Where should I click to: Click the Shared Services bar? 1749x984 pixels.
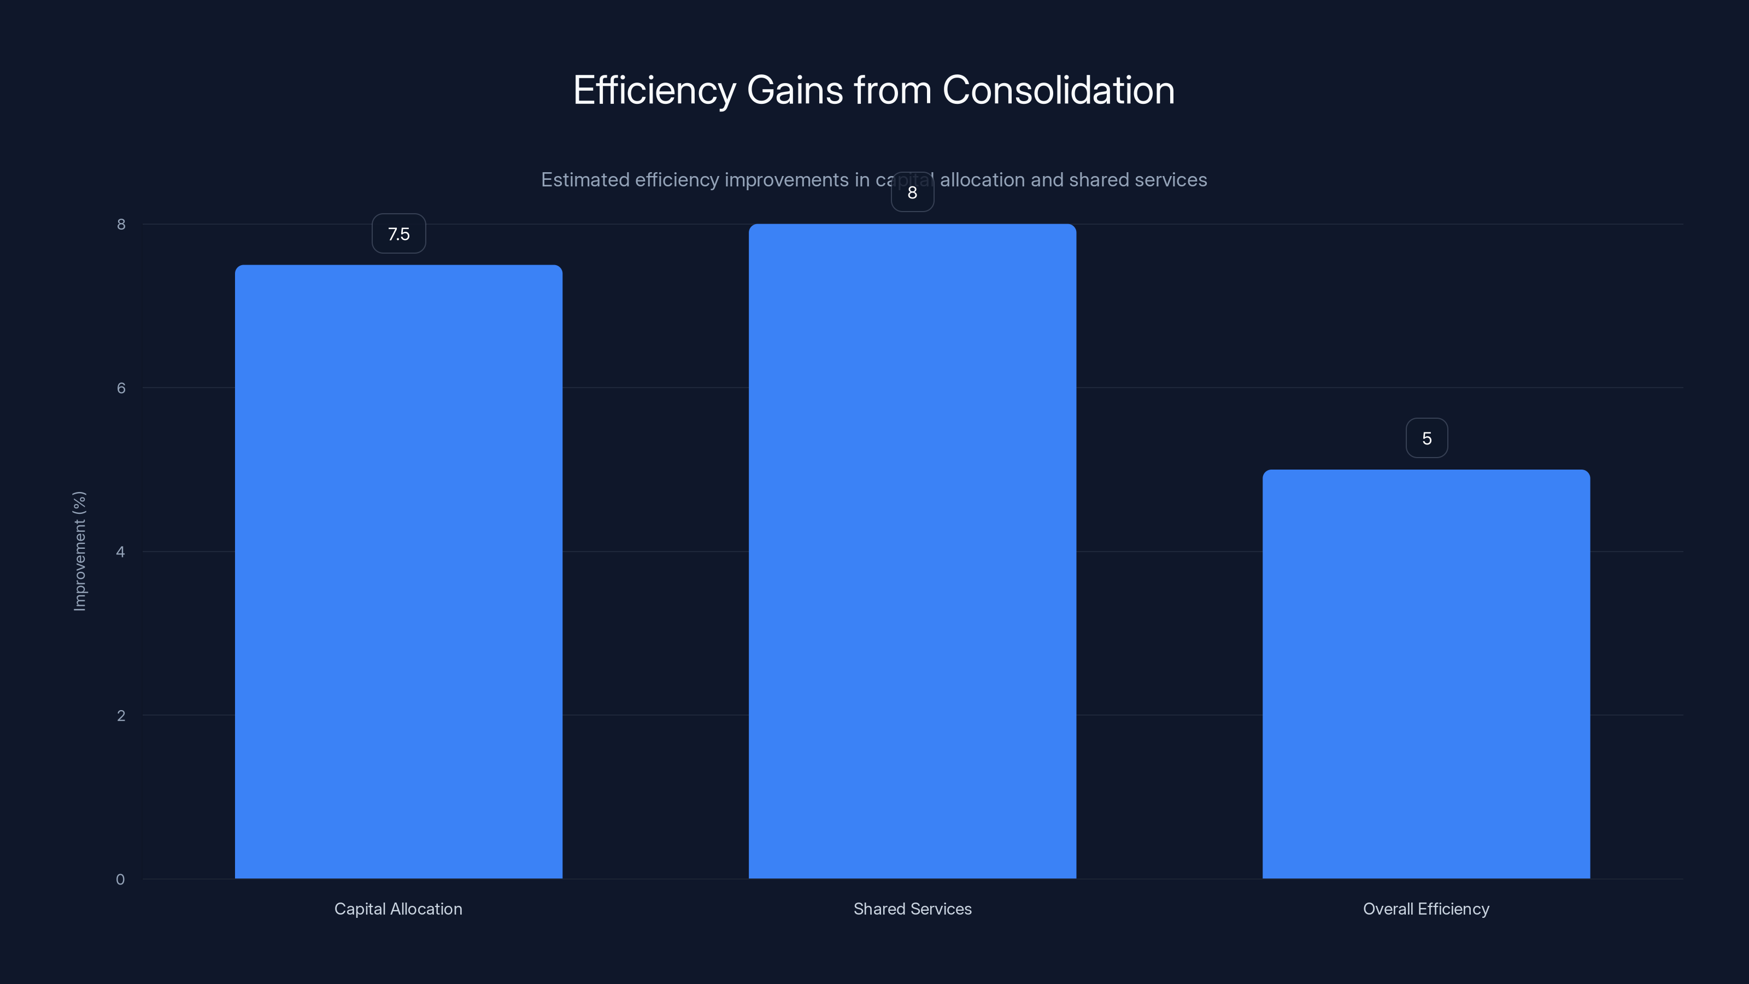[912, 550]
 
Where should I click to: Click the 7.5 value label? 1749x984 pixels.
[398, 233]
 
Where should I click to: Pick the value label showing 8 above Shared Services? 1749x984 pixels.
[912, 193]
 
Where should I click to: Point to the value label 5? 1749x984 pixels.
[1427, 438]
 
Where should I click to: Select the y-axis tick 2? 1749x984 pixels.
[121, 716]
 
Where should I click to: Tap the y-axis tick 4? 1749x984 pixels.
[120, 552]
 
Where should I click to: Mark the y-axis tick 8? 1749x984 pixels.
[121, 225]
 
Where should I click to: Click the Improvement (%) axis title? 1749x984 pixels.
[79, 550]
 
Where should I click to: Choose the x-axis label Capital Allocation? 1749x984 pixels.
[398, 909]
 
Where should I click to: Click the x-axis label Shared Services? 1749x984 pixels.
[912, 909]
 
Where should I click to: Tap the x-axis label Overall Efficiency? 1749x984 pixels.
[1426, 909]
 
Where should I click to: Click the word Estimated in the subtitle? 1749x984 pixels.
[585, 180]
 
